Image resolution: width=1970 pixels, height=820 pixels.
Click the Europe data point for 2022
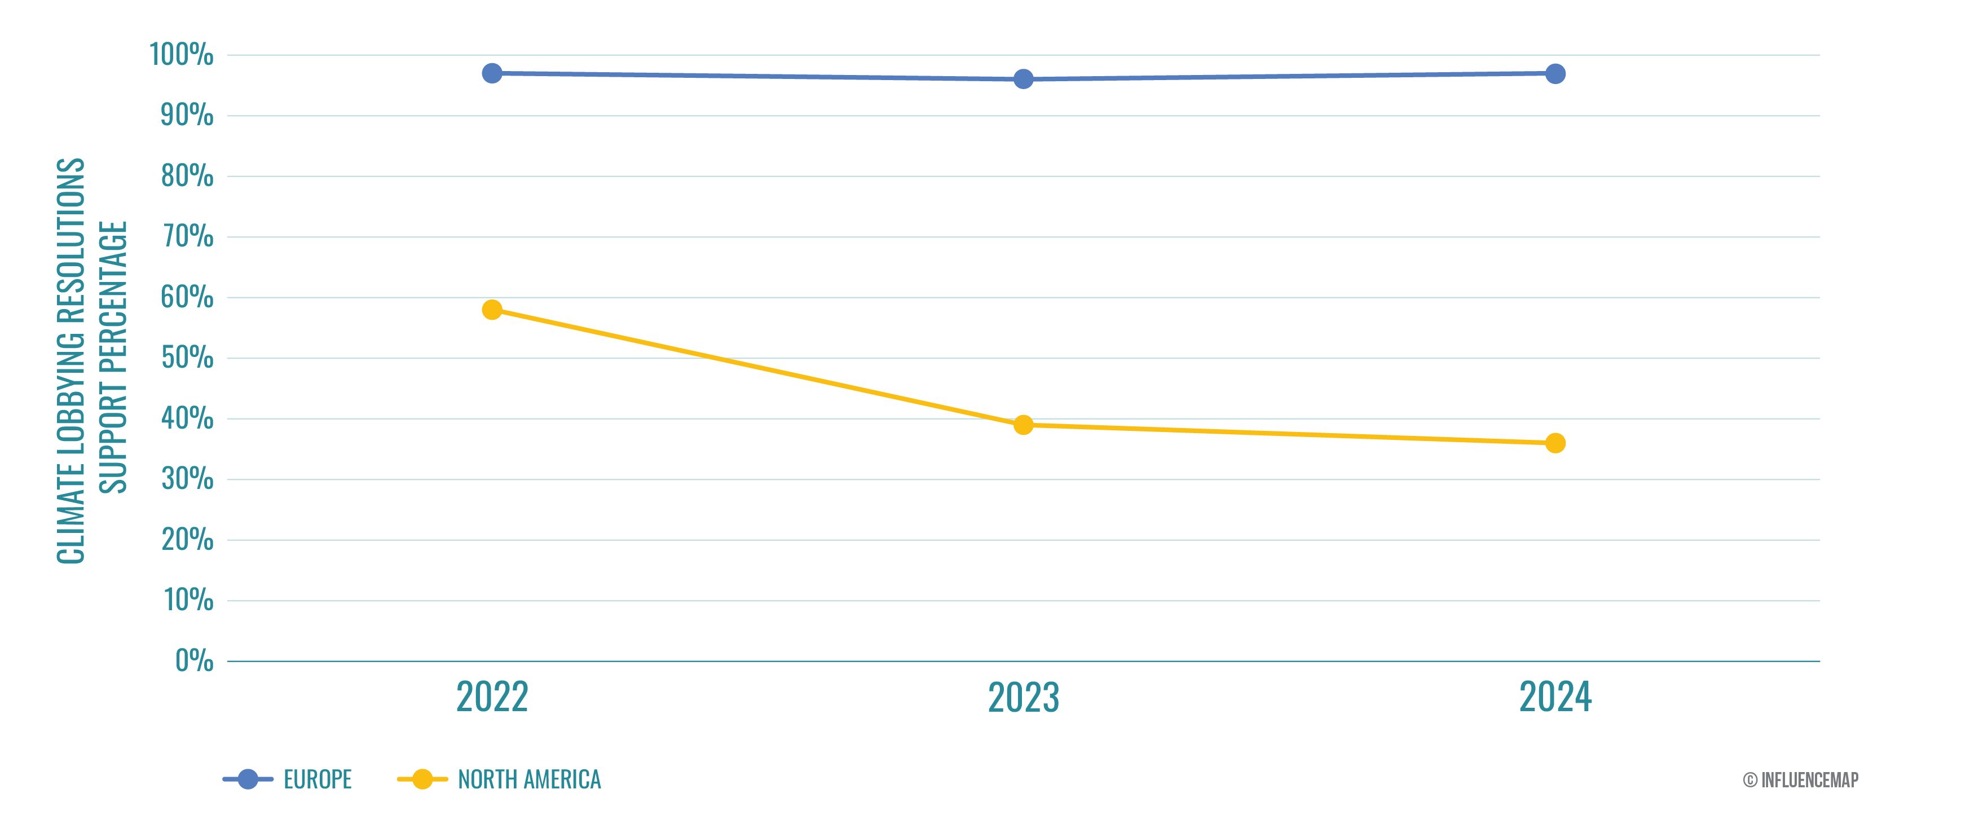click(492, 73)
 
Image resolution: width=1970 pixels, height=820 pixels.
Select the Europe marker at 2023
click(1023, 79)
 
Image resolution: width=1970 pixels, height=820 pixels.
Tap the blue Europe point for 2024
click(1555, 74)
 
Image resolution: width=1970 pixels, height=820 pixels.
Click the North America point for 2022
click(492, 310)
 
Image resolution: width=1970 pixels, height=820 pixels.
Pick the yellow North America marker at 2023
click(1023, 425)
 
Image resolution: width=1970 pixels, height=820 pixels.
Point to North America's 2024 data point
click(1555, 443)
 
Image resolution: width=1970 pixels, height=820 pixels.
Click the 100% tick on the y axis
click(181, 55)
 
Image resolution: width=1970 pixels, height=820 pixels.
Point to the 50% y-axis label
click(187, 358)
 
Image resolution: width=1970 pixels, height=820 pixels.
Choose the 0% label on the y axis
click(194, 661)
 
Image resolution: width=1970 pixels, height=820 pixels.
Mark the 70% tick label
click(187, 237)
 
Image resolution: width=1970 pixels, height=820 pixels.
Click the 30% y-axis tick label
click(187, 479)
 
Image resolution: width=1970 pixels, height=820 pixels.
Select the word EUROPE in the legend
click(318, 779)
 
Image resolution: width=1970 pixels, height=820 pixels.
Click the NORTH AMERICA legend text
click(529, 779)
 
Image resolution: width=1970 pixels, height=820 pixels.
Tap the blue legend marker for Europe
click(248, 779)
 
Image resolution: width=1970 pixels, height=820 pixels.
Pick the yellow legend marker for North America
click(422, 779)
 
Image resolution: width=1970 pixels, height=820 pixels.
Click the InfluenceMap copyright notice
click(1800, 779)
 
